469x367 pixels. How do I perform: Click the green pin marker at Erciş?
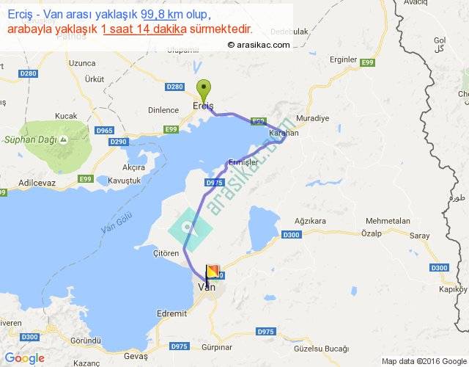(205, 88)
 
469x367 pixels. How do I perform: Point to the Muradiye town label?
(309, 118)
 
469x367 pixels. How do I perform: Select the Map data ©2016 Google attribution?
(424, 360)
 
